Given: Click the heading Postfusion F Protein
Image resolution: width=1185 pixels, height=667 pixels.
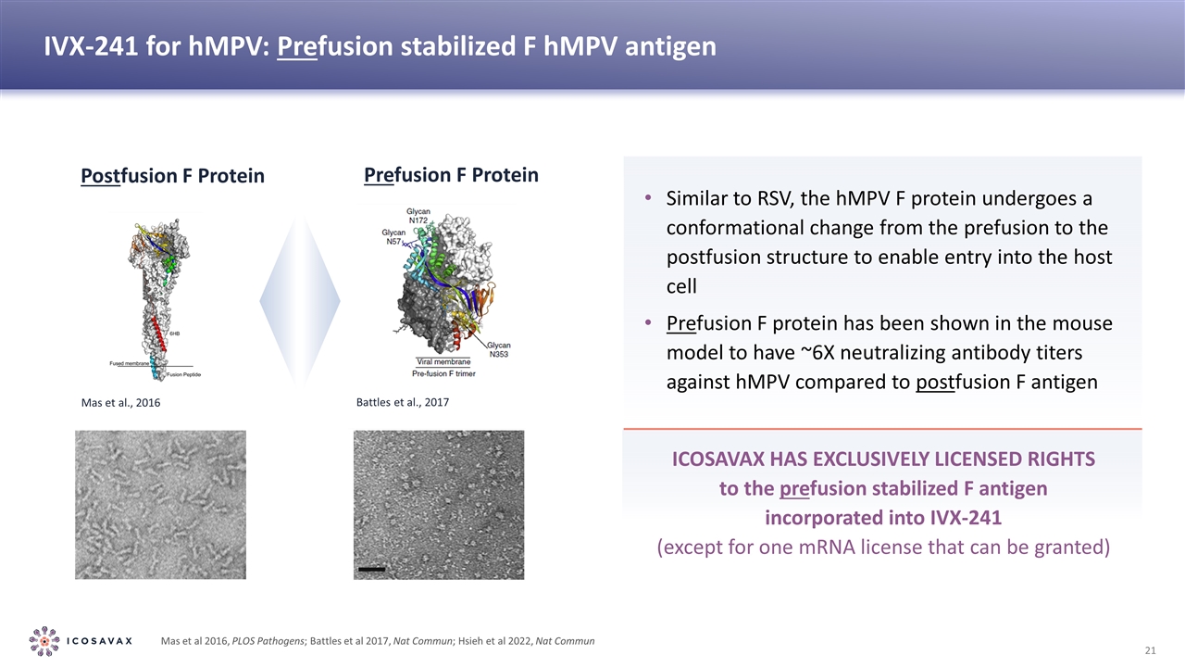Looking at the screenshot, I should coord(172,176).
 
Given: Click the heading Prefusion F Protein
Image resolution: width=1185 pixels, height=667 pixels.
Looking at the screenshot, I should coord(451,175).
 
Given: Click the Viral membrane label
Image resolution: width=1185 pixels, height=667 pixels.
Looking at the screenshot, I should coord(443,361).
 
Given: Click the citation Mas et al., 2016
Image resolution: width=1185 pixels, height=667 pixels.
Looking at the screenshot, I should coord(115,404).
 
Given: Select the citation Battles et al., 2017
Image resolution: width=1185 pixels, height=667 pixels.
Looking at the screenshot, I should coord(402,403).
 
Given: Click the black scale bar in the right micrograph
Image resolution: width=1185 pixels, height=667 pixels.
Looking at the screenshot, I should coord(370,569).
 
